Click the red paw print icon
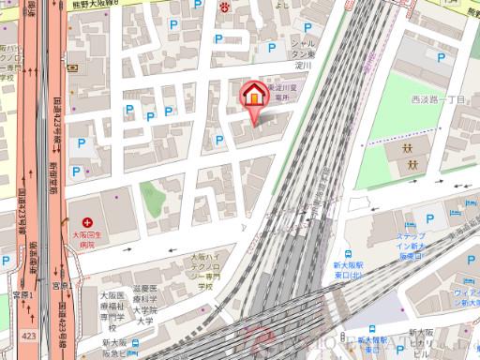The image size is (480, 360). pyautogui.click(x=225, y=7)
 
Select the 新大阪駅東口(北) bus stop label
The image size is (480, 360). pyautogui.click(x=351, y=273)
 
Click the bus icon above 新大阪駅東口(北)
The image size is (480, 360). pyautogui.click(x=347, y=254)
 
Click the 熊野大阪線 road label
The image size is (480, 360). pyautogui.click(x=104, y=6)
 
